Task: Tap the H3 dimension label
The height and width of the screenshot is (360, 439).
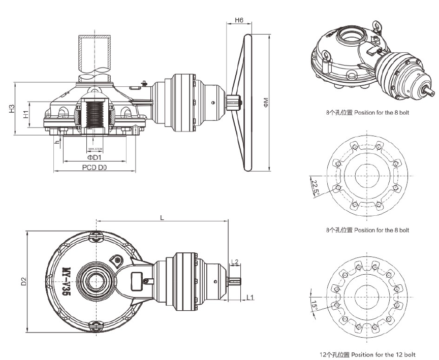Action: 11,109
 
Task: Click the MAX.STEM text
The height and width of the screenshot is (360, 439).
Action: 96,149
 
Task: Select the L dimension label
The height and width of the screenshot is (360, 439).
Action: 162,217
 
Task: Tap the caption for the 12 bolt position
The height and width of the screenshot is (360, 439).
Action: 367,354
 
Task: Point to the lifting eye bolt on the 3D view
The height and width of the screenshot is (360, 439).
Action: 378,24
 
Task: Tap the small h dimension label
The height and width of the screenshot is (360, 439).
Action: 58,141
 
